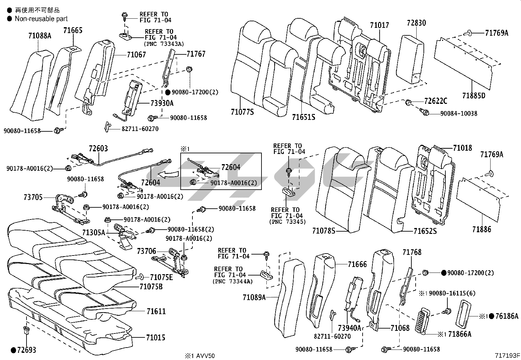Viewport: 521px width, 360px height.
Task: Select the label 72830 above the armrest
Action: pyautogui.click(x=416, y=23)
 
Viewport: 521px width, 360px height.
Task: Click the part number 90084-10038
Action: pyautogui.click(x=458, y=113)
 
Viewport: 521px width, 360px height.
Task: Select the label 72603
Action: pyautogui.click(x=98, y=149)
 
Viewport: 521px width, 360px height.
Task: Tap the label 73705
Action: pyautogui.click(x=33, y=198)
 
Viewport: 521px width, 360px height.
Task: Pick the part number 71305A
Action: pyautogui.click(x=94, y=233)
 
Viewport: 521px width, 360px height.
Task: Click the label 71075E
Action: pyautogui.click(x=161, y=277)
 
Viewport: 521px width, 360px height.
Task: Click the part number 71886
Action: pyautogui.click(x=481, y=229)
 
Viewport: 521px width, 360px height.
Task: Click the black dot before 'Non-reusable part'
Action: pyautogui.click(x=9, y=19)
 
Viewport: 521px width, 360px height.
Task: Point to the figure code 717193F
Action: pyautogui.click(x=507, y=355)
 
